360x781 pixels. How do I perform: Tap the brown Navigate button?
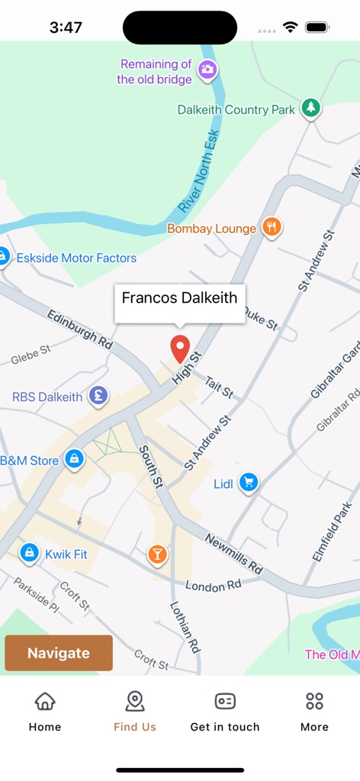[x=59, y=653]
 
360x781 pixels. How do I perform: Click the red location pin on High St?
[x=179, y=348]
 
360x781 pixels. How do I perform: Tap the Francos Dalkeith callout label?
[x=180, y=298]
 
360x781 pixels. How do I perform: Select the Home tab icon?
[x=45, y=701]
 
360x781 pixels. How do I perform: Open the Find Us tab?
[x=135, y=712]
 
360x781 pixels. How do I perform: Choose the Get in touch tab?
[x=225, y=712]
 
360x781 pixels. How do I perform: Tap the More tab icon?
[x=314, y=701]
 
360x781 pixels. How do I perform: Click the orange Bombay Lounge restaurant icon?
[x=272, y=227]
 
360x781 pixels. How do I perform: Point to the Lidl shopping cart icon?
[x=248, y=482]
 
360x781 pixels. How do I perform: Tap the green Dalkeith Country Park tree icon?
[x=310, y=108]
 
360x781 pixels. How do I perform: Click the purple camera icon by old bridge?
[x=207, y=70]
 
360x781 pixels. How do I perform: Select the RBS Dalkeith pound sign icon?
[x=97, y=395]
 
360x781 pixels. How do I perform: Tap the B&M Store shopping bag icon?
[x=74, y=458]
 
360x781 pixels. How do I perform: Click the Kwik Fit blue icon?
[x=29, y=552]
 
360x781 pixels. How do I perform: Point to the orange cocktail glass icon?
[x=157, y=554]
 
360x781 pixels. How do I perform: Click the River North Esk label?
[x=199, y=172]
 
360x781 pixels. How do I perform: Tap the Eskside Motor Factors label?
[x=76, y=258]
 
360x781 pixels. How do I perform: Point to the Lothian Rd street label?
[x=185, y=625]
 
